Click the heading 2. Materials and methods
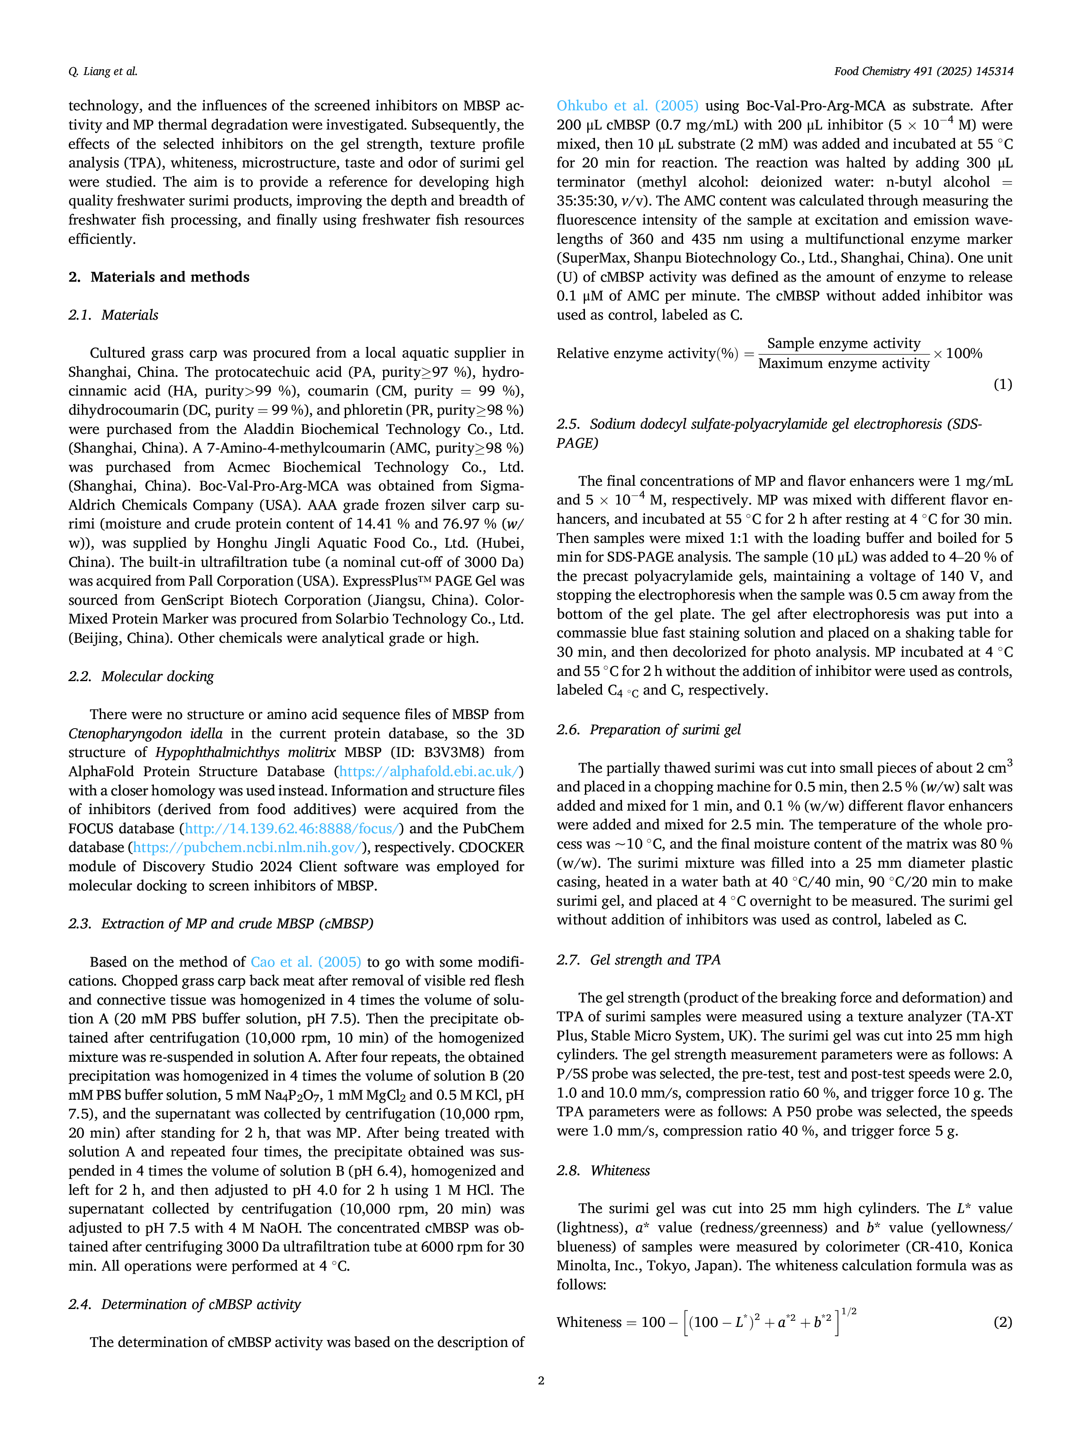[x=159, y=277]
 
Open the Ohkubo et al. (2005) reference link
[x=627, y=106]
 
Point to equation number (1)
[x=1002, y=384]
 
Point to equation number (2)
[x=1002, y=1322]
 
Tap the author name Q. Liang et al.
[x=103, y=71]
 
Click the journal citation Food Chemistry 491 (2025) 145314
[x=923, y=71]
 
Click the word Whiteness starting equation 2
[x=589, y=1322]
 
